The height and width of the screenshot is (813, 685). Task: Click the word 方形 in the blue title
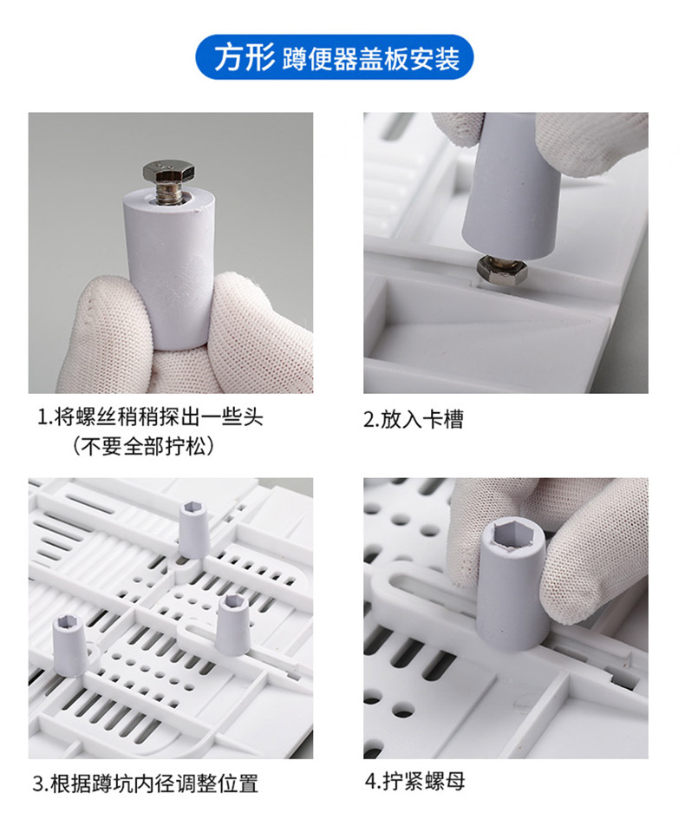tap(244, 57)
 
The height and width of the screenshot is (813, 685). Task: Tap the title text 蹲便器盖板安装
tap(371, 59)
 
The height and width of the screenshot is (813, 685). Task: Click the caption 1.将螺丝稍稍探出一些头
tap(151, 417)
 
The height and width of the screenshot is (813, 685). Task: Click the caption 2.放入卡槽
tap(413, 419)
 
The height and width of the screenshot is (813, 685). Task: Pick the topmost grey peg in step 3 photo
tap(194, 529)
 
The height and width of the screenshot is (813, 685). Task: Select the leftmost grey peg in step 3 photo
tap(68, 644)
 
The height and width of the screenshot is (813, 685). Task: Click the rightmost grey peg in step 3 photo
tap(233, 624)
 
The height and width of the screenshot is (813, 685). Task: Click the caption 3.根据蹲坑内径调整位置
tap(146, 783)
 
